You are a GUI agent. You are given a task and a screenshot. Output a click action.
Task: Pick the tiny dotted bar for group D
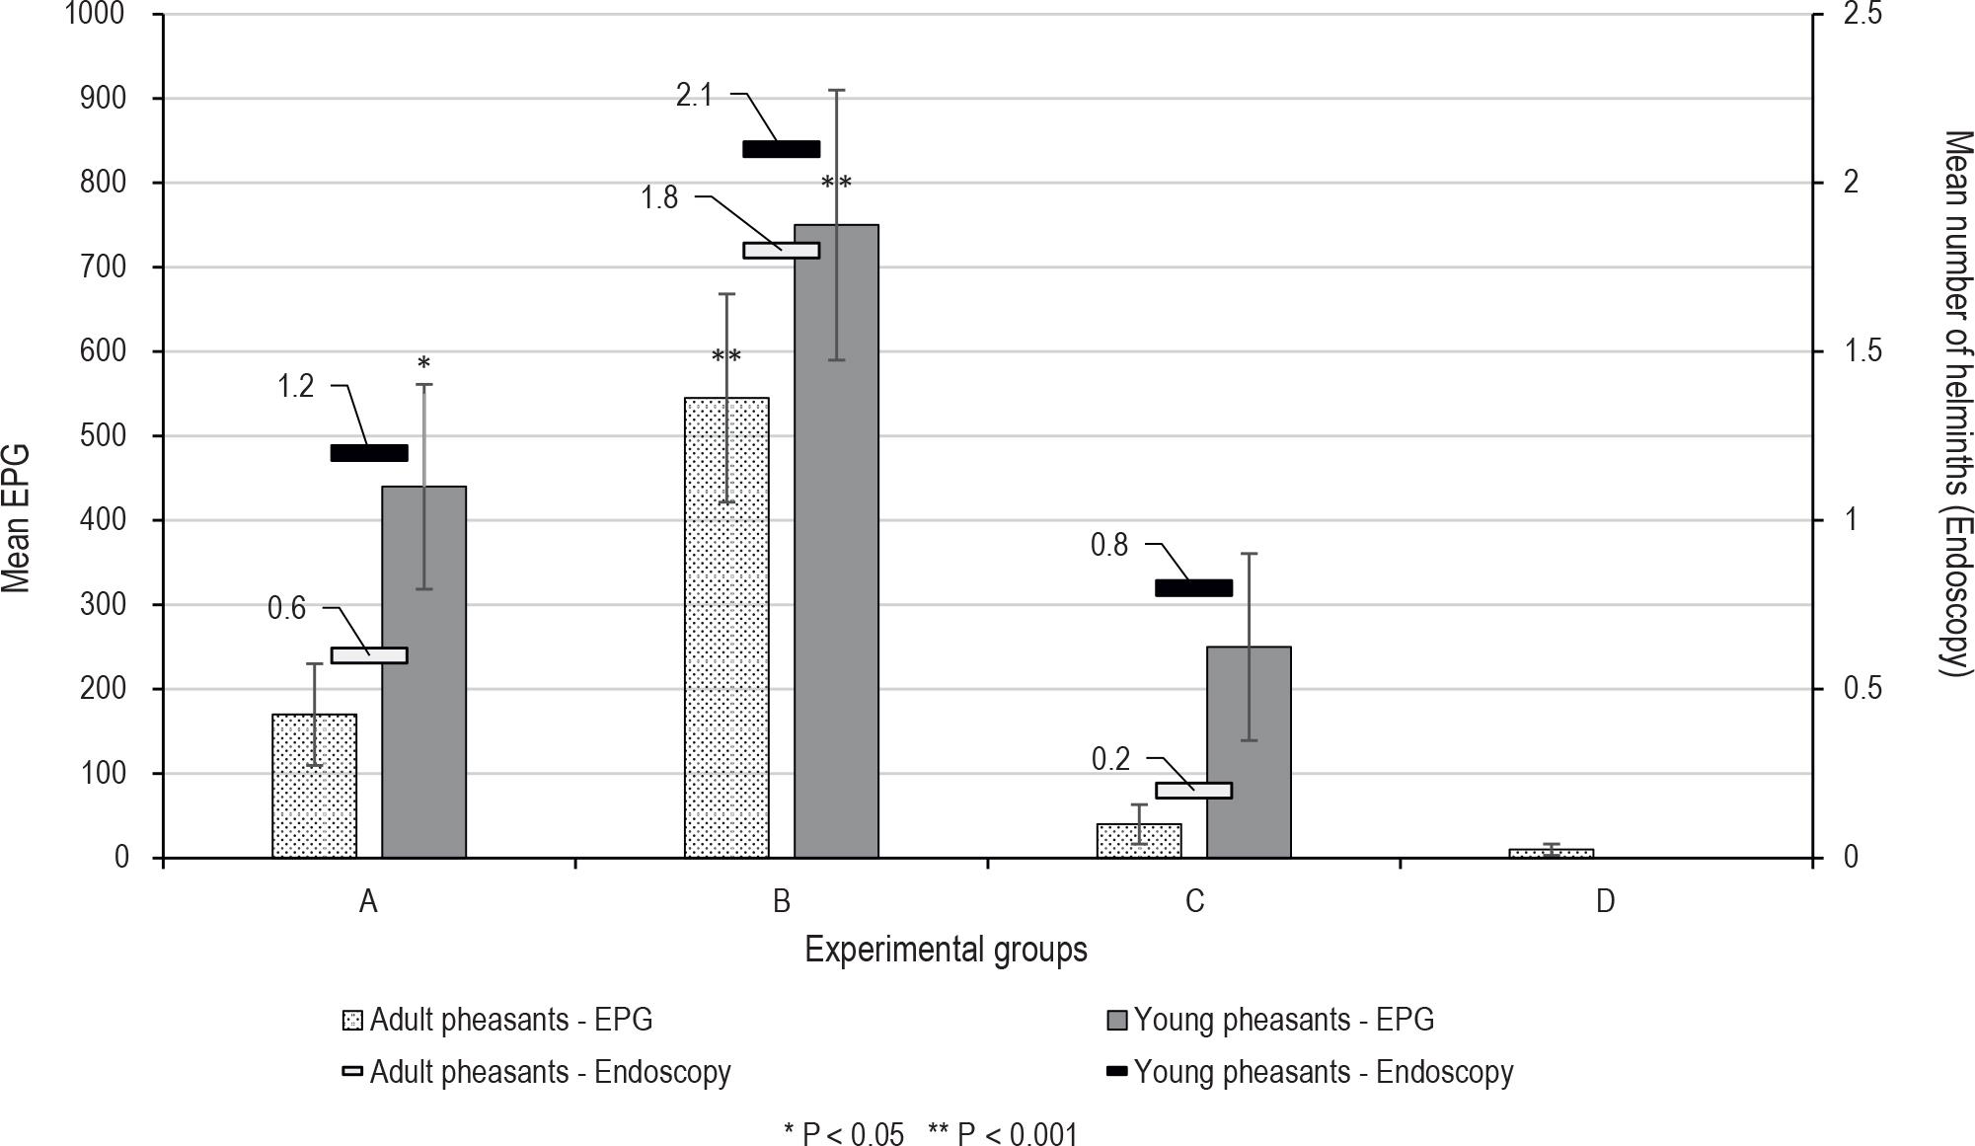pos(1551,853)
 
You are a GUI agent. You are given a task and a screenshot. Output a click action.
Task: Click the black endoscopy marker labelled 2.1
pos(781,149)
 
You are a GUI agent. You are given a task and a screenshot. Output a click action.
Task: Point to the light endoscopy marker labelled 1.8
pos(781,251)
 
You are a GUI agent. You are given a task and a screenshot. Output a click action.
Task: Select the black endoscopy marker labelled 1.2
pos(369,453)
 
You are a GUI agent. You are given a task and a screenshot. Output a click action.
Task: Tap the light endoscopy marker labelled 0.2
pos(1193,790)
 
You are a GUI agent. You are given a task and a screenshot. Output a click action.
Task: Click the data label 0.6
pos(286,608)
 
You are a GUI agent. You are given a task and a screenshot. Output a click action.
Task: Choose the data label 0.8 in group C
pos(1108,545)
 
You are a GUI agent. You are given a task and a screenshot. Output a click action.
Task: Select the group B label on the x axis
pos(781,901)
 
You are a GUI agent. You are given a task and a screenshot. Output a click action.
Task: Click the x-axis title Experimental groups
pos(946,950)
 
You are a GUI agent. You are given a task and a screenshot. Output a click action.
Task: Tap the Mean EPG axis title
pos(17,518)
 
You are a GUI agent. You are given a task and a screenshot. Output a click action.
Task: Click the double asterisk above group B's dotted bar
pos(726,357)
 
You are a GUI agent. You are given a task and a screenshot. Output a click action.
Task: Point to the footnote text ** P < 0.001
pos(1003,1134)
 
